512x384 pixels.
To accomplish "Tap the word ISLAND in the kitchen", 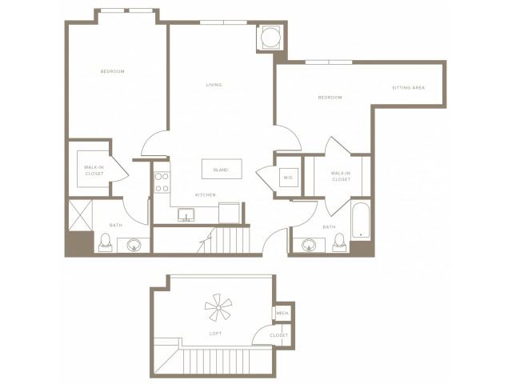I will click(x=220, y=170).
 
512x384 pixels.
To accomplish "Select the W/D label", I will click(x=286, y=177).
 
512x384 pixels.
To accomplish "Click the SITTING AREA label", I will click(x=407, y=88).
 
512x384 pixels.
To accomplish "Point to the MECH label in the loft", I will click(x=282, y=313).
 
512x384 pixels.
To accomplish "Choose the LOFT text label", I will click(x=215, y=333).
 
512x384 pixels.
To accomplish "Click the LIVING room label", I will click(x=214, y=85).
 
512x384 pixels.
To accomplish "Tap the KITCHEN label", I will click(x=206, y=194).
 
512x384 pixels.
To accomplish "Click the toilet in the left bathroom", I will click(x=106, y=240).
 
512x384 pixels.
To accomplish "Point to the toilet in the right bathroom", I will click(x=339, y=240).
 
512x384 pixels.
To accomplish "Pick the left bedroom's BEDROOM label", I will click(x=112, y=72).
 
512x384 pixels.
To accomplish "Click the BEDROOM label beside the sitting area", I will click(x=330, y=98).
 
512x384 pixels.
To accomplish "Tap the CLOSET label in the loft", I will click(x=278, y=336).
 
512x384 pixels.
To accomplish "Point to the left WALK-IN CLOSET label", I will click(x=94, y=170).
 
